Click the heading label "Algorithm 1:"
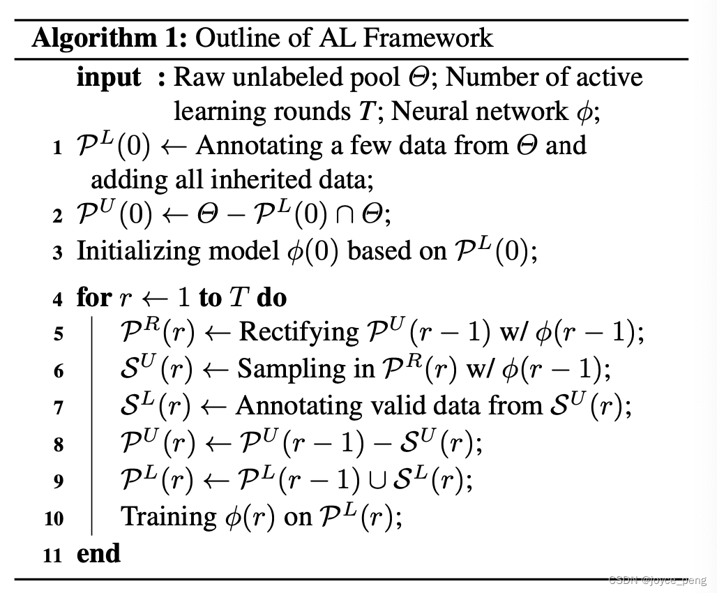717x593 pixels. tap(109, 37)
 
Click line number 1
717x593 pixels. tap(57, 149)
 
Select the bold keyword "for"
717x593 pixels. tap(93, 298)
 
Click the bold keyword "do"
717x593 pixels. tap(271, 298)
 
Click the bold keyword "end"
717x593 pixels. tap(98, 553)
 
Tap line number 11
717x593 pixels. tap(52, 556)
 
